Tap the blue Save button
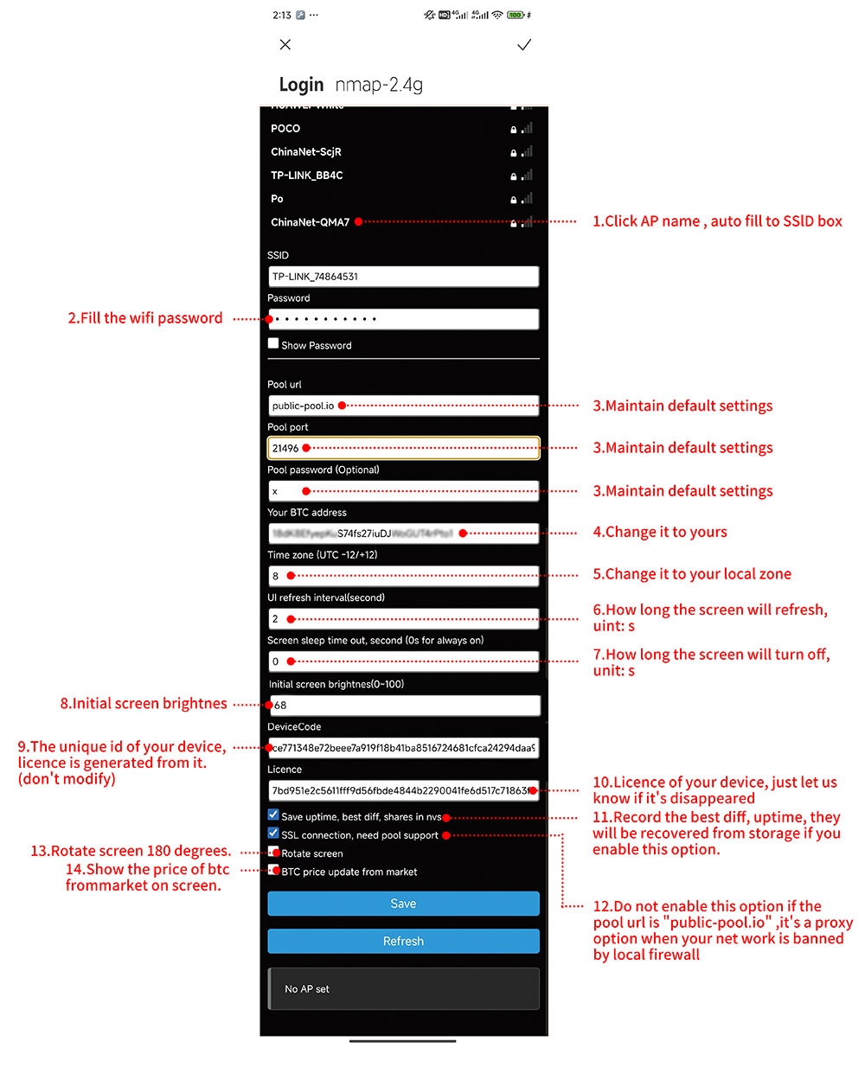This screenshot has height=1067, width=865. tap(403, 904)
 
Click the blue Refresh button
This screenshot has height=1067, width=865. tap(403, 942)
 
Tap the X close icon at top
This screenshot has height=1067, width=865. tap(285, 44)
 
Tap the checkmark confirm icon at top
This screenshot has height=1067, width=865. tap(524, 45)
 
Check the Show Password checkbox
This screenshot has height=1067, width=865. tap(273, 343)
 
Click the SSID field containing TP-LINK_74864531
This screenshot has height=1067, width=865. tap(403, 277)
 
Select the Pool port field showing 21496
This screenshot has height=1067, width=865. tap(403, 448)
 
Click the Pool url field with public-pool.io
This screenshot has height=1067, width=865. tap(403, 406)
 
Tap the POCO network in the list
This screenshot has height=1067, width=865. tap(285, 129)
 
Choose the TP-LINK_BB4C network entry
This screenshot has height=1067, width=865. tap(307, 176)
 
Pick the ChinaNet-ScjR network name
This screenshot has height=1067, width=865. tap(306, 152)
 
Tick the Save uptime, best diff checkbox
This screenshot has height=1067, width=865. tap(273, 815)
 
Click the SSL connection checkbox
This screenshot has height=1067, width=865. tap(273, 834)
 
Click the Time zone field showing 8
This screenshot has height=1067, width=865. tap(403, 576)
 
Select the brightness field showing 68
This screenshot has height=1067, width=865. tap(403, 706)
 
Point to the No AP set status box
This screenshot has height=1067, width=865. tap(403, 988)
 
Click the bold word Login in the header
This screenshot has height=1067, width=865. tap(301, 85)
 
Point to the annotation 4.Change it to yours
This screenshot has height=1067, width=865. tap(660, 533)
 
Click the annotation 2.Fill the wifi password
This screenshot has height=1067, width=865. tap(145, 318)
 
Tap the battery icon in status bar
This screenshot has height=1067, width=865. tap(516, 15)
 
